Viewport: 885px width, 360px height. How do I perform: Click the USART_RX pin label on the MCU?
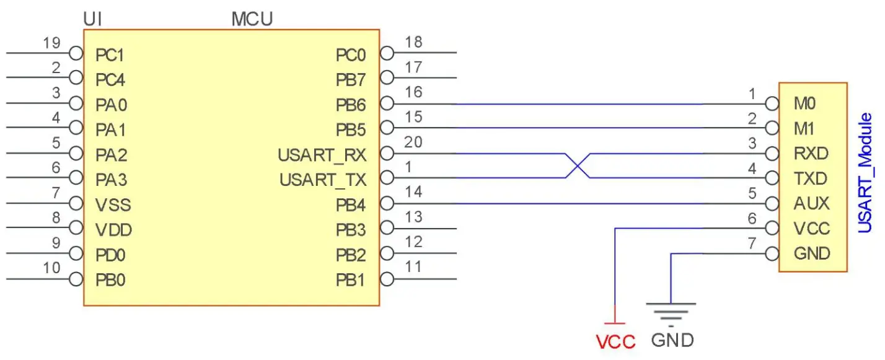(322, 155)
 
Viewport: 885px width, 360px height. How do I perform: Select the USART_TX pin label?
(323, 180)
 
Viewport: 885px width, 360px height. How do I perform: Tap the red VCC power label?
(615, 341)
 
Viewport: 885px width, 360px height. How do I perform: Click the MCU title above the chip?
(252, 19)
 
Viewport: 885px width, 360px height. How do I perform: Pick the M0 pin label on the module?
(804, 104)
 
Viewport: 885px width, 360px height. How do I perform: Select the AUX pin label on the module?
(811, 204)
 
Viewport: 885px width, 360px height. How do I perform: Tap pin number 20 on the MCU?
(413, 142)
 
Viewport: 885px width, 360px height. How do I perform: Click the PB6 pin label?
(351, 105)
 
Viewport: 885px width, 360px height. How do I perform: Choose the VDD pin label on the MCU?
(113, 230)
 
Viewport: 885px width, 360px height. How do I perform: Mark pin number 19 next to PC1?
(53, 43)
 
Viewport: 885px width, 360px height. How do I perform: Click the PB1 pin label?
(351, 280)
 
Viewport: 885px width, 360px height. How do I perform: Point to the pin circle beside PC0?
(387, 53)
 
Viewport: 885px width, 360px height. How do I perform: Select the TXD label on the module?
(811, 179)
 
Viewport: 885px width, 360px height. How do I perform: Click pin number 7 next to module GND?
(752, 243)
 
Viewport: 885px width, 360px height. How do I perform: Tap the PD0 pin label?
(111, 255)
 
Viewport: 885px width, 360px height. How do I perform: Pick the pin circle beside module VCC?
(772, 228)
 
